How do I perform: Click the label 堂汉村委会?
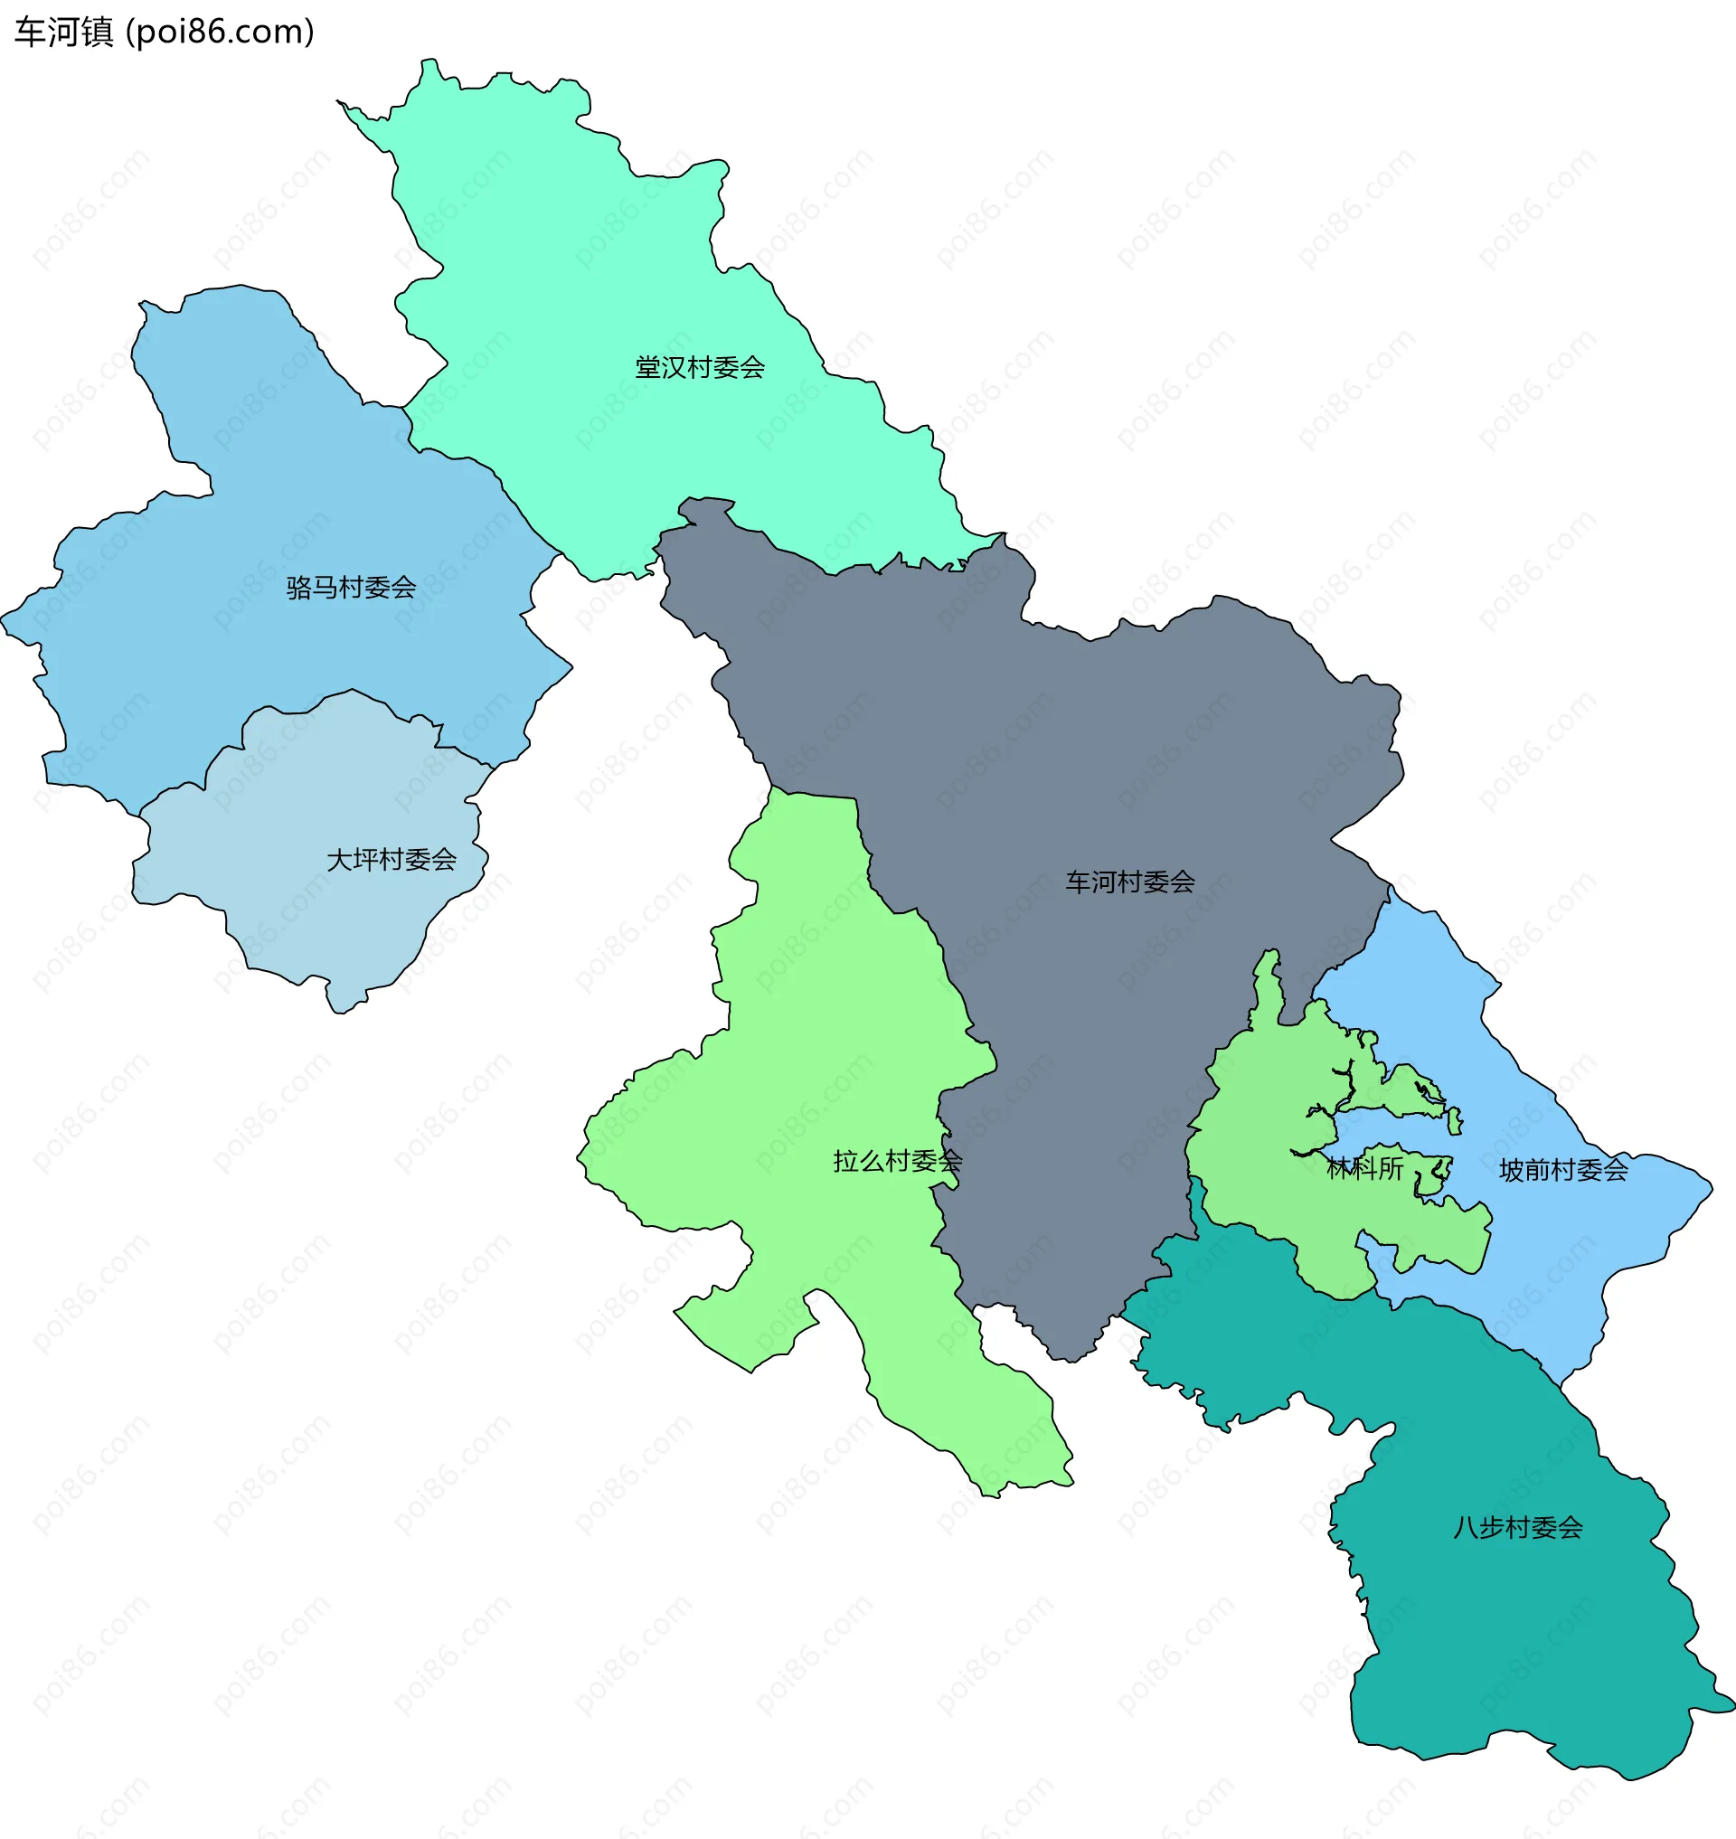coord(700,367)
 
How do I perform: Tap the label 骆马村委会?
coord(351,587)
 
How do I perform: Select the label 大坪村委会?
coord(392,860)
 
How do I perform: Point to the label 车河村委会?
coord(1130,882)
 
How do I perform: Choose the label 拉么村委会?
coord(898,1161)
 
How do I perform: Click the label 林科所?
coord(1365,1168)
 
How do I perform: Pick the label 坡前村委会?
coord(1563,1170)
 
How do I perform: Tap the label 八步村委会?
coord(1517,1527)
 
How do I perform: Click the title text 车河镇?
coord(64,33)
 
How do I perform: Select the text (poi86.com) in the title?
coord(221,33)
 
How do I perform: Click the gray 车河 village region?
coord(1064,740)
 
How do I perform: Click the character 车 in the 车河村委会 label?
coord(1078,882)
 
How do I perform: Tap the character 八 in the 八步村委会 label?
coord(1466,1527)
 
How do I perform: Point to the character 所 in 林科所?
coord(1391,1168)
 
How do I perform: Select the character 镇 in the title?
coord(97,33)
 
